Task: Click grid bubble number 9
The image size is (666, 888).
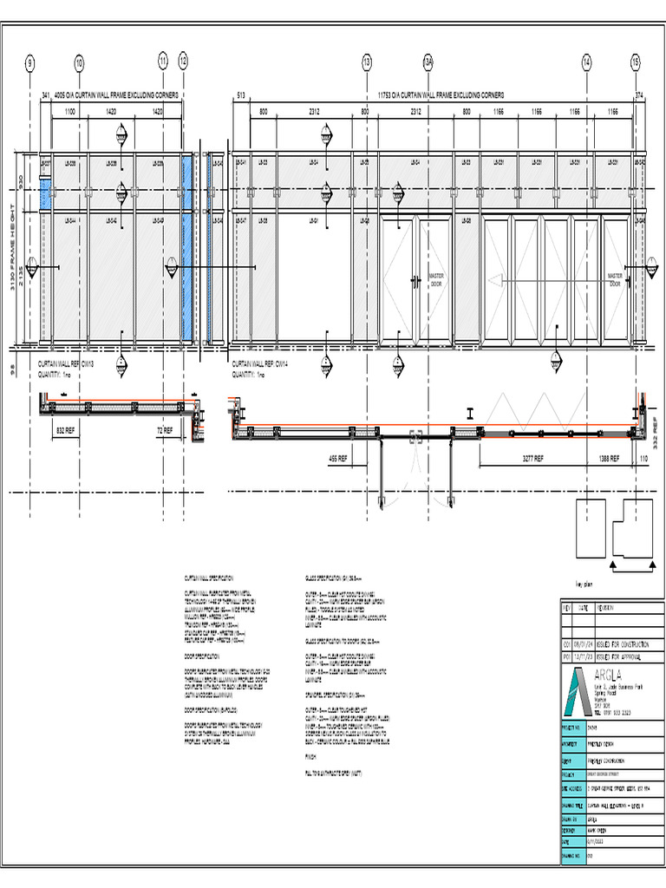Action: click(x=30, y=62)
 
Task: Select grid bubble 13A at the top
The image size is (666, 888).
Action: click(x=428, y=62)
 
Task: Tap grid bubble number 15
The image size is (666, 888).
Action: click(x=636, y=62)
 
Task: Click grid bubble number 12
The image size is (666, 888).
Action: click(x=183, y=62)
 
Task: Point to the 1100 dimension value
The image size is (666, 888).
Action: click(x=70, y=112)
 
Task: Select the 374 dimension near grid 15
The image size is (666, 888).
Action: click(x=640, y=95)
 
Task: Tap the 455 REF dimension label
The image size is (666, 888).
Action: click(x=338, y=458)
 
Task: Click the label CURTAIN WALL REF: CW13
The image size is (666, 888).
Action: click(x=66, y=365)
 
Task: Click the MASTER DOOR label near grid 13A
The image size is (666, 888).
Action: click(x=436, y=279)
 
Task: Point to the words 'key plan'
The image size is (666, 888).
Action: click(x=577, y=584)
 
